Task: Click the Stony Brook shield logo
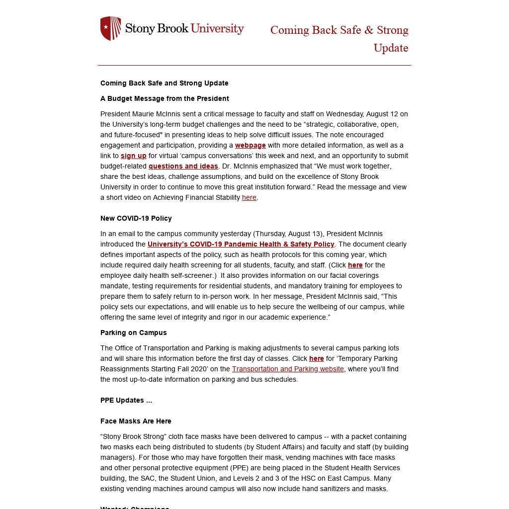click(110, 28)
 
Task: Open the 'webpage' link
click(250, 145)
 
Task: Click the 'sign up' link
click(133, 156)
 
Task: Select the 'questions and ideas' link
click(183, 166)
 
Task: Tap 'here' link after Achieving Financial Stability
click(249, 197)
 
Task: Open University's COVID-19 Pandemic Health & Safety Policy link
click(241, 244)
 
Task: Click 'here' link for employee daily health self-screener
click(355, 265)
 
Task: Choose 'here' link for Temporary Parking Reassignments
click(316, 358)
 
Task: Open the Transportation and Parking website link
click(288, 369)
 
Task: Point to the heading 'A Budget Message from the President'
click(165, 98)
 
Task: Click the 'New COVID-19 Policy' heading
click(136, 218)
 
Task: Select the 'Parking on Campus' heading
click(133, 333)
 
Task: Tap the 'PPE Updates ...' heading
click(126, 400)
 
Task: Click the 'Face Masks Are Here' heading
click(136, 421)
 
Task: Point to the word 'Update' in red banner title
click(391, 48)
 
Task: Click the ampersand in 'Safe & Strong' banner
click(368, 30)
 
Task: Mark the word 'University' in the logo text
click(217, 28)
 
